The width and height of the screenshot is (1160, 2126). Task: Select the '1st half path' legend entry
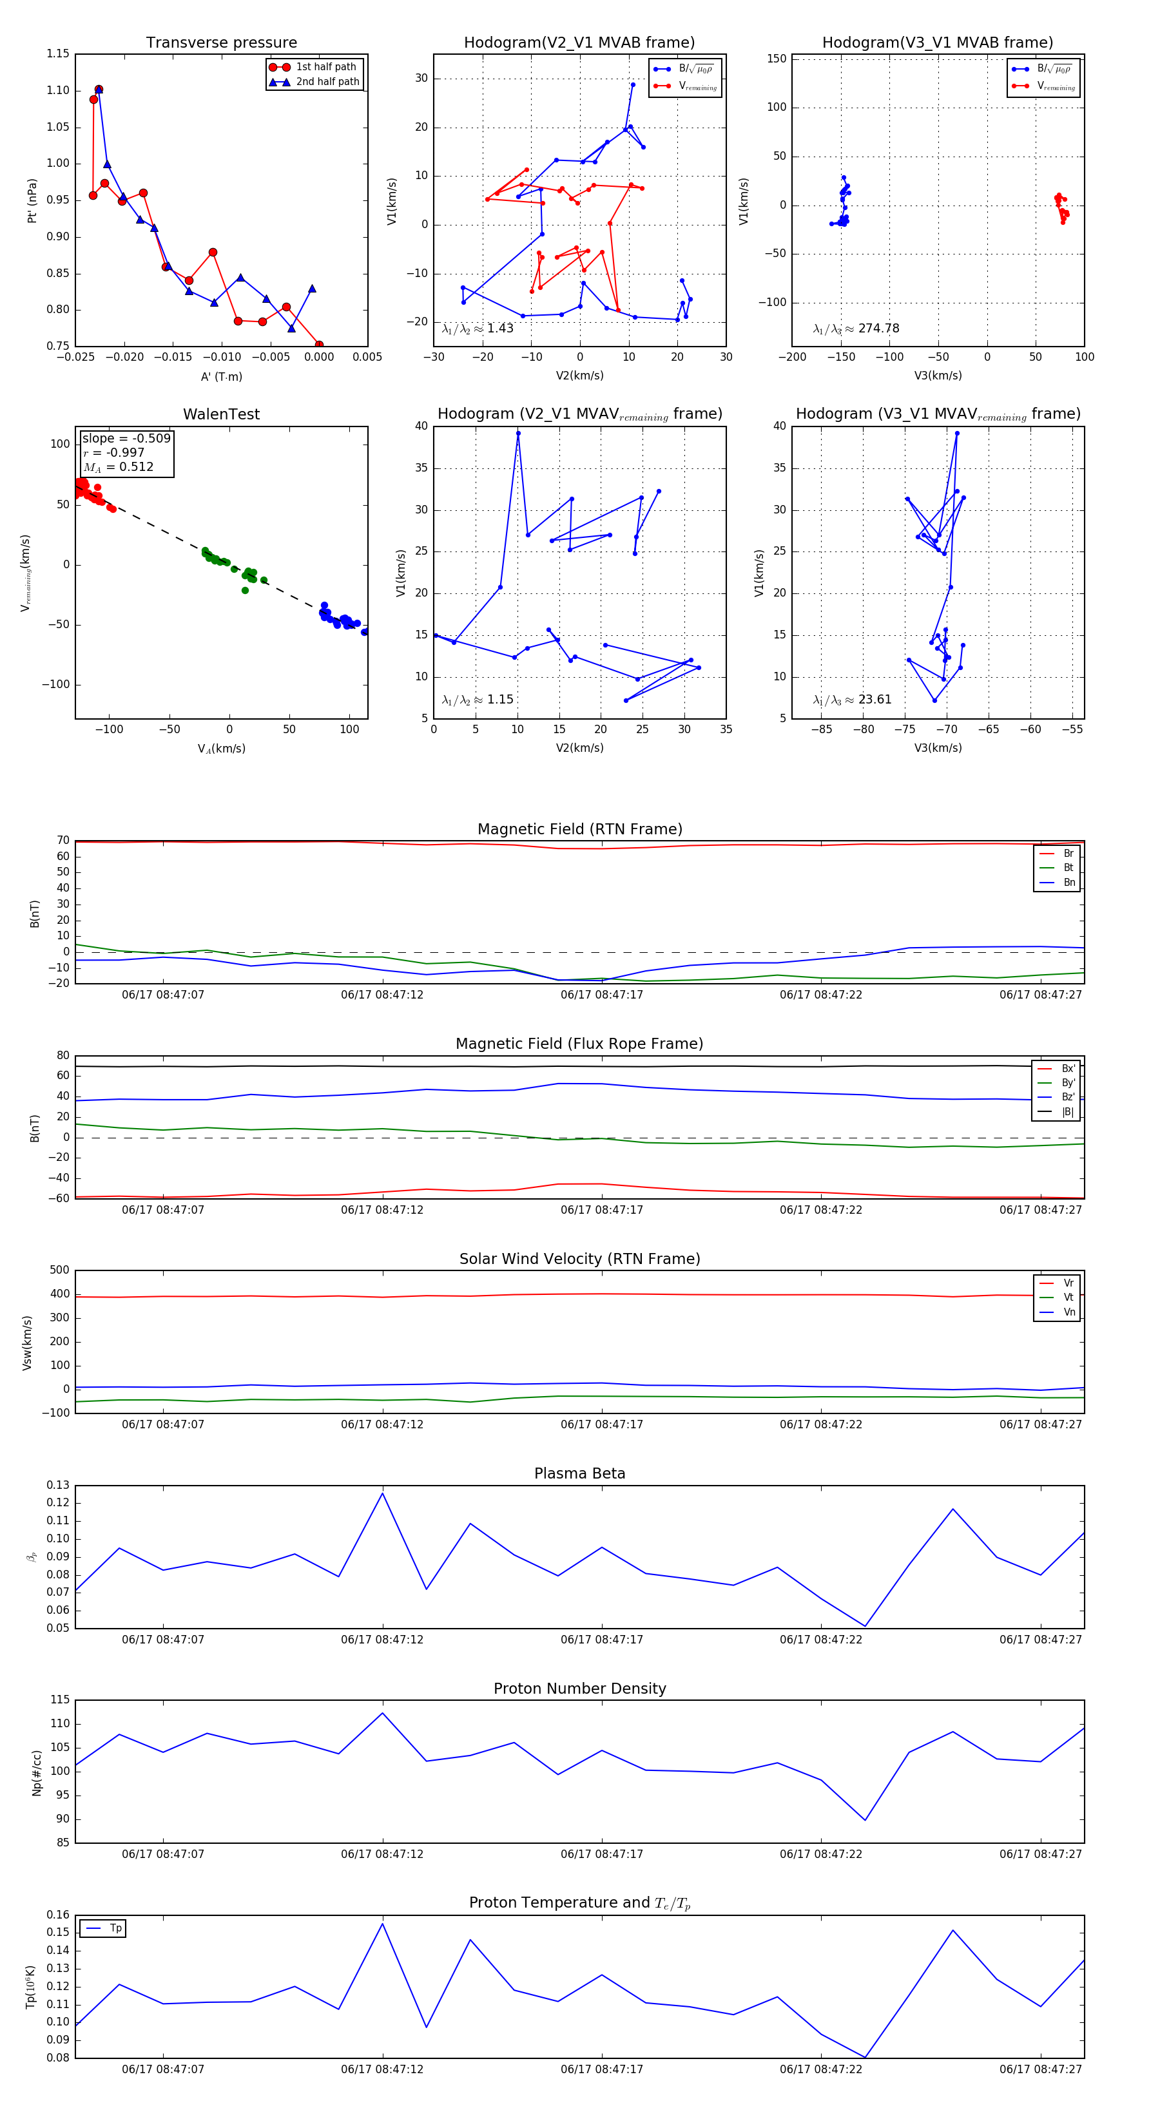tap(325, 67)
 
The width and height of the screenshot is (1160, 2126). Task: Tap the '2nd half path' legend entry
tap(327, 82)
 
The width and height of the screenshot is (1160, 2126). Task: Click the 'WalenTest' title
tap(221, 414)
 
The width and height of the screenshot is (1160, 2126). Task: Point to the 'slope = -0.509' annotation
tap(126, 438)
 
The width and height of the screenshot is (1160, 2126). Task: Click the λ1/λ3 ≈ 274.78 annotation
tap(856, 329)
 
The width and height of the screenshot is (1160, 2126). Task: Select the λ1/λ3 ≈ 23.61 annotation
tap(852, 700)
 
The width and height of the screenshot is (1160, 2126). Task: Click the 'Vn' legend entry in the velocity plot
tap(1068, 1312)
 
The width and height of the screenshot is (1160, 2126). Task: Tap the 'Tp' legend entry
tap(115, 1929)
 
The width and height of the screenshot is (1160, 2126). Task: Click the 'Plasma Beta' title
tap(579, 1474)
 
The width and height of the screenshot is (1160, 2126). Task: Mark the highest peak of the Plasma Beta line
tap(382, 1493)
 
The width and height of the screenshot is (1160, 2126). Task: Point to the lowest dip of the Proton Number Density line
tap(865, 1821)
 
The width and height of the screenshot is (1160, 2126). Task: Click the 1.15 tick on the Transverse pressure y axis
tap(58, 53)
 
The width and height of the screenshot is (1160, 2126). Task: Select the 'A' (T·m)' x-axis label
tap(221, 376)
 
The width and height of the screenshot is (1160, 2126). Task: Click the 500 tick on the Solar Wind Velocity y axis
tap(59, 1270)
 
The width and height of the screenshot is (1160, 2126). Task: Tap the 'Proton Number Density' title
tap(579, 1689)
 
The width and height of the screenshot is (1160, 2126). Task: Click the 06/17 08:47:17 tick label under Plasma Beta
tap(601, 1639)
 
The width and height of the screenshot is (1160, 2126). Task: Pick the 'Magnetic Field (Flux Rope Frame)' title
tap(579, 1044)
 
